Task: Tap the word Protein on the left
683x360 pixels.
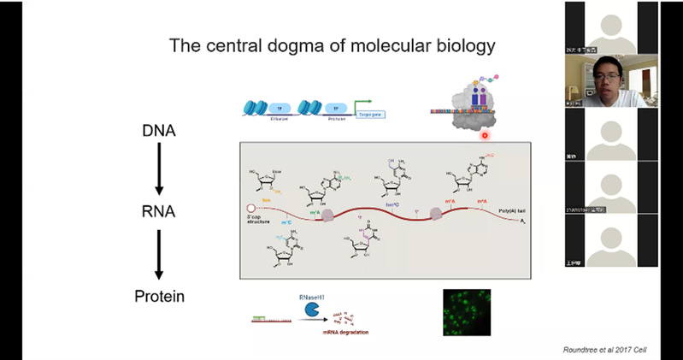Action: (x=159, y=297)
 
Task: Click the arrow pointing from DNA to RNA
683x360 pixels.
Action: (x=159, y=170)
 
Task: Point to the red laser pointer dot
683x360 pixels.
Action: (x=484, y=134)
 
